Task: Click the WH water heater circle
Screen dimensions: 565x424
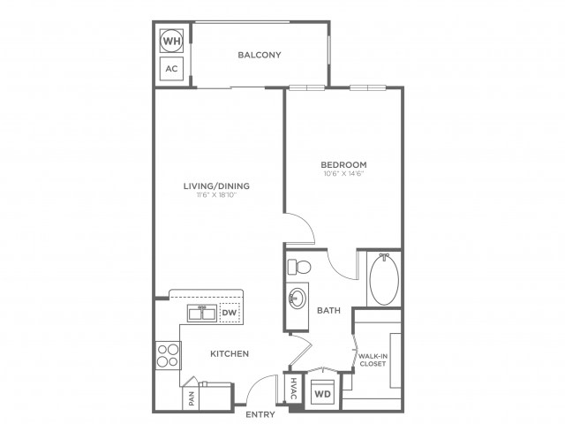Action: coord(171,41)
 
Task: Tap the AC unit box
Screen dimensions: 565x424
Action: coord(171,69)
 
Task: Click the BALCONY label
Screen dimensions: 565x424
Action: coord(260,55)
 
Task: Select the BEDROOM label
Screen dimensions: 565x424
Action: coord(343,165)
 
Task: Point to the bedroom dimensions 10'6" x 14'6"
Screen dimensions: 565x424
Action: coord(343,174)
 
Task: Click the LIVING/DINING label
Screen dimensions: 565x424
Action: coord(216,186)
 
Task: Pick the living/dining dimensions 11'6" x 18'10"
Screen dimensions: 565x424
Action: coord(216,195)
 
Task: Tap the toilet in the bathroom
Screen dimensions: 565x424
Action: coord(299,267)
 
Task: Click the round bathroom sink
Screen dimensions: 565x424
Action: coord(298,299)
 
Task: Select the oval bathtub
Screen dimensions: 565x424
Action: coord(384,279)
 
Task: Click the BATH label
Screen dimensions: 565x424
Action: coord(328,310)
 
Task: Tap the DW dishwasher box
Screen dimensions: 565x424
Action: coord(230,312)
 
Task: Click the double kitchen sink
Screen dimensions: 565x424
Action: coord(202,313)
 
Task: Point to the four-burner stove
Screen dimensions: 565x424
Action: coord(169,355)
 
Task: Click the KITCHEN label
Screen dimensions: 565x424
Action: coord(230,353)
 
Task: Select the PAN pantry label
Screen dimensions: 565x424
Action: coord(192,398)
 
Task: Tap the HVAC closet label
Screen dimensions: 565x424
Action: coord(293,389)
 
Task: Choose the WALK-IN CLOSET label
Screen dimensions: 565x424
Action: coord(373,360)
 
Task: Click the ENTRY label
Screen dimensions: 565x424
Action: coord(260,414)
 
